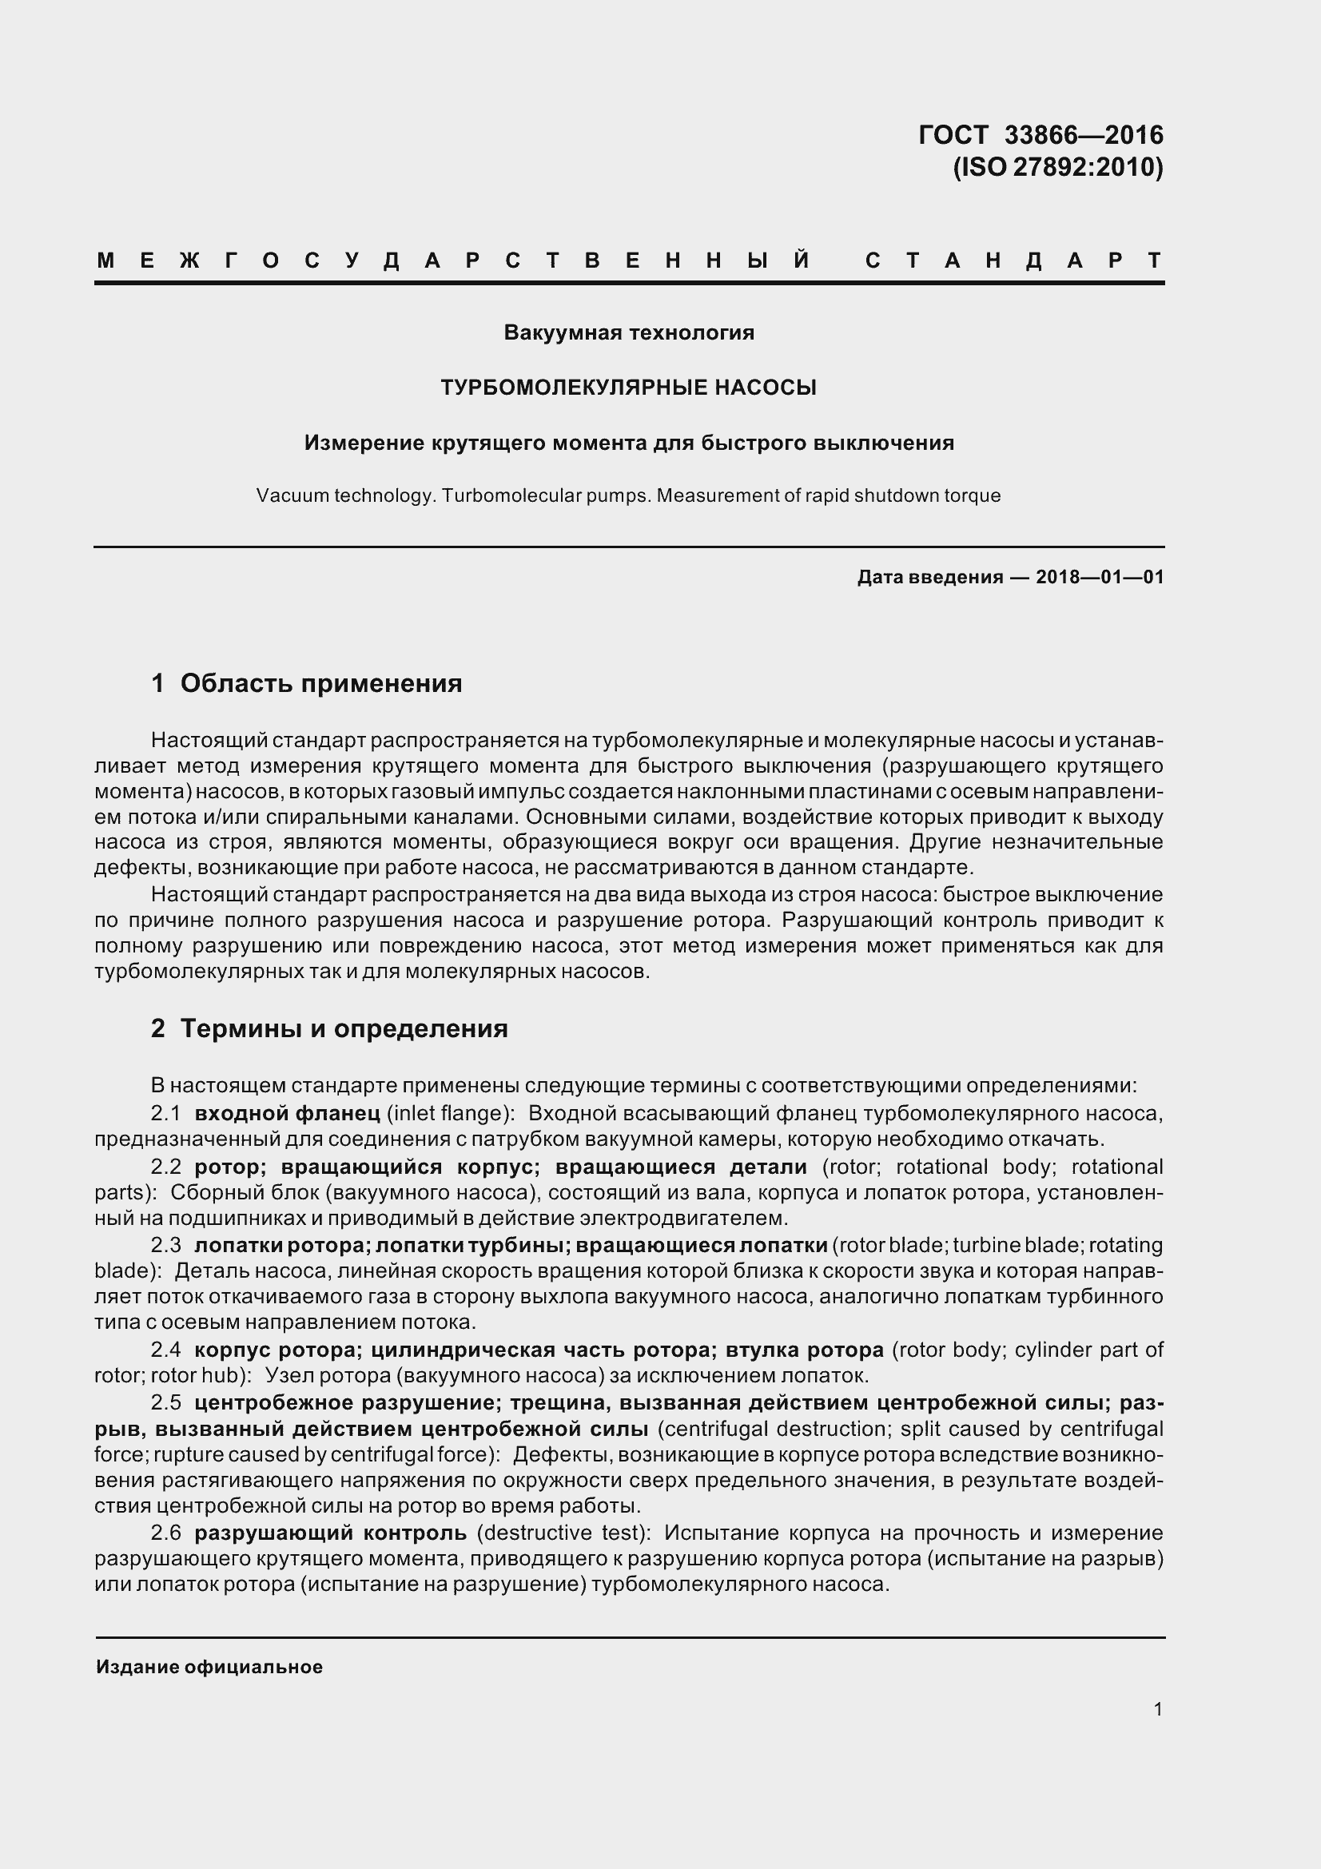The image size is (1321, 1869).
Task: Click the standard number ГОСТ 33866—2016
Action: [x=1040, y=134]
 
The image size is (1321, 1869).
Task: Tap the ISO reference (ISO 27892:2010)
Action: [x=1057, y=167]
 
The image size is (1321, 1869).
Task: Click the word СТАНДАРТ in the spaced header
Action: [x=1013, y=260]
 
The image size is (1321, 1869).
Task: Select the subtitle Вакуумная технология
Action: [x=628, y=332]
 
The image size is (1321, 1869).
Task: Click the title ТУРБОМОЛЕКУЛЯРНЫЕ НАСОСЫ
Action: [x=628, y=388]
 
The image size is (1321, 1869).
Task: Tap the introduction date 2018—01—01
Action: [x=1100, y=577]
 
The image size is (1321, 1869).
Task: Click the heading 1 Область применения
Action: [x=307, y=683]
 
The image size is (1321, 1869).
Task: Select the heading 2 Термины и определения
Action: [x=329, y=1028]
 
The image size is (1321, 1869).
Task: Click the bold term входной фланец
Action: [x=288, y=1113]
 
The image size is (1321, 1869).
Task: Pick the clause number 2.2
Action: [x=166, y=1167]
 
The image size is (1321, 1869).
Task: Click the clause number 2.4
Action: [x=166, y=1350]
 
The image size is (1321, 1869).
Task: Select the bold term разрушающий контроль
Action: [x=331, y=1533]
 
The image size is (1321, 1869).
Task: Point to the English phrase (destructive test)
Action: [x=563, y=1533]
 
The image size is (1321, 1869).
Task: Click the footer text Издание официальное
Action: [x=209, y=1666]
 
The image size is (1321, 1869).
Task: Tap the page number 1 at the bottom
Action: [x=1157, y=1708]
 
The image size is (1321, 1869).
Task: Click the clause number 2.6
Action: [x=166, y=1533]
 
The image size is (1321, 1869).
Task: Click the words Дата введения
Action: [x=929, y=577]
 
